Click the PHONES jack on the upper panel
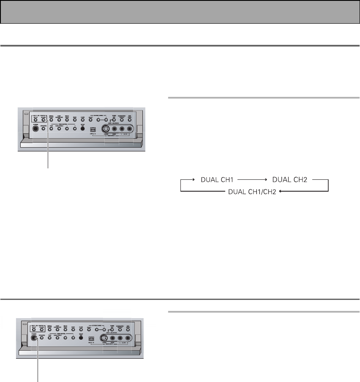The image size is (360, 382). (36, 130)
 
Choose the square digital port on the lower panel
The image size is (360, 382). (90, 338)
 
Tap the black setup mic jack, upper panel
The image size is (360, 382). (83, 128)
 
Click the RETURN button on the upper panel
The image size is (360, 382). (43, 120)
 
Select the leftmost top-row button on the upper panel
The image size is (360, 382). (35, 120)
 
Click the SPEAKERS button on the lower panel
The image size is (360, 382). (42, 338)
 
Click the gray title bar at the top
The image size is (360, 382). (180, 12)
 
